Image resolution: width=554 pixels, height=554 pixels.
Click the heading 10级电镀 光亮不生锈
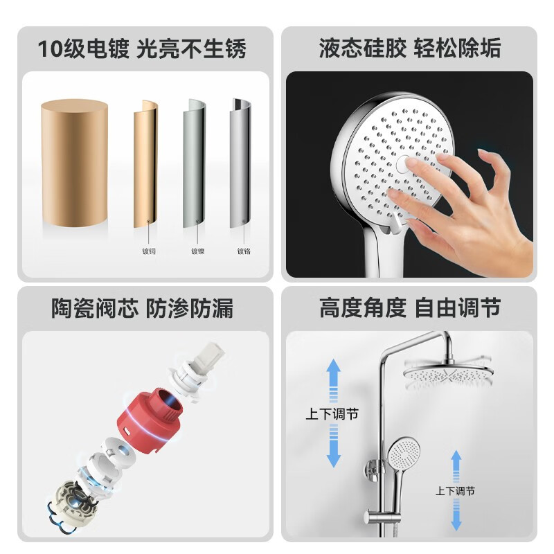(x=142, y=49)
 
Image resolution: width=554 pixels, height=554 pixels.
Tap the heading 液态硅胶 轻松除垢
(x=410, y=49)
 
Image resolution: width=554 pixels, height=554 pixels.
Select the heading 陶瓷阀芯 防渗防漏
(x=142, y=308)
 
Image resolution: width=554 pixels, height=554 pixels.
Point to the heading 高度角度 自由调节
(x=410, y=308)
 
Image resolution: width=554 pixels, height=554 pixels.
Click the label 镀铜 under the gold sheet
(x=148, y=251)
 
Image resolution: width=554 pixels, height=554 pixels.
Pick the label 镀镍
(x=197, y=251)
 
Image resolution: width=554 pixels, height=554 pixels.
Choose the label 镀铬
(x=244, y=251)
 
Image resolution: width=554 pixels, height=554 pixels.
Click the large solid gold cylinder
(x=75, y=163)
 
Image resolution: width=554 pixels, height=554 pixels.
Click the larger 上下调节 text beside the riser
(x=332, y=415)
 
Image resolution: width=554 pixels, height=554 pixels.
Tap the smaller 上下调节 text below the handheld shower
(x=455, y=491)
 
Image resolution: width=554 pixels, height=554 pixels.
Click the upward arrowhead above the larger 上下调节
(x=333, y=366)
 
